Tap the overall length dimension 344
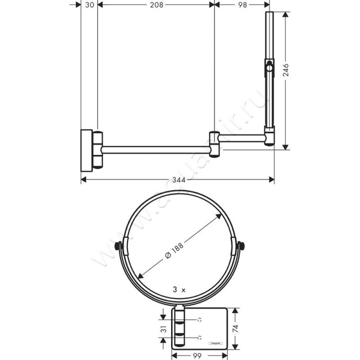pos(178,180)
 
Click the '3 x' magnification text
pos(179,290)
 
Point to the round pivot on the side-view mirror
pos(269,68)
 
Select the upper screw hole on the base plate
pos(199,319)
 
